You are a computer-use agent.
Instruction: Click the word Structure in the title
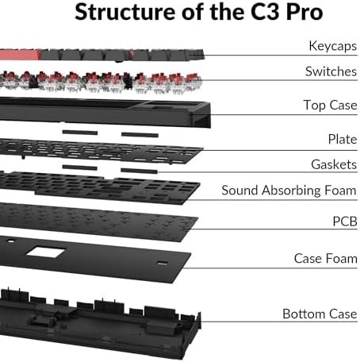[x=125, y=12]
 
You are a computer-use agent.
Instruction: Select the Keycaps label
[x=333, y=46]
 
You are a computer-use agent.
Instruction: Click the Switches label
[x=331, y=71]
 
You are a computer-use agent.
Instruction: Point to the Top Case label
[x=330, y=105]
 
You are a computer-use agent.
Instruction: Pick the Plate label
[x=343, y=139]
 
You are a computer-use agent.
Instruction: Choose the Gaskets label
[x=334, y=164]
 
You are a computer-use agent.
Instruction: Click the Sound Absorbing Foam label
[x=289, y=191]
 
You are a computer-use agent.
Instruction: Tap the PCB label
[x=345, y=221]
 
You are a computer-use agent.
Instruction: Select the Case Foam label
[x=326, y=258]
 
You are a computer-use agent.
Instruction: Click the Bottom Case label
[x=320, y=314]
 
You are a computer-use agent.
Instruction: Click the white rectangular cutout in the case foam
[x=46, y=252]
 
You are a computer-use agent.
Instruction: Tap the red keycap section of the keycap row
[x=21, y=55]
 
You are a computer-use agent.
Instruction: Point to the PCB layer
[x=98, y=221]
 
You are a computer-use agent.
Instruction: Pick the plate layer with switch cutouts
[x=101, y=151]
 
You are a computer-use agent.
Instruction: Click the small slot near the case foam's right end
[x=162, y=263]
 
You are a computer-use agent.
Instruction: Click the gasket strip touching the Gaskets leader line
[x=139, y=171]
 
